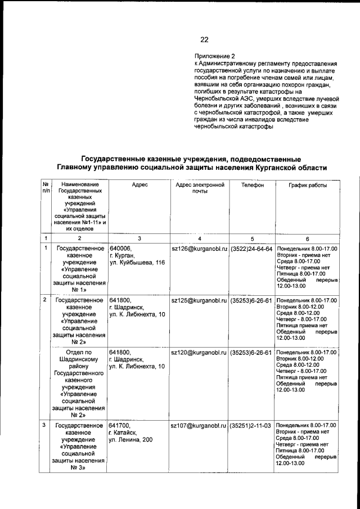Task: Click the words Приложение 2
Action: pos(215,56)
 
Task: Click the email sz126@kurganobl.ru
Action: pos(199,249)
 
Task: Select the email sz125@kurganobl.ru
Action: pos(199,300)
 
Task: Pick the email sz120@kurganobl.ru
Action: pos(199,353)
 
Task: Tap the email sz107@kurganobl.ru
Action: pos(199,425)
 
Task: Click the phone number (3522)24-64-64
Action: pos(251,249)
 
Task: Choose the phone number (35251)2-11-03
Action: pos(251,425)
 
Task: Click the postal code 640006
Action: pos(120,249)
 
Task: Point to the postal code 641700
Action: pos(120,425)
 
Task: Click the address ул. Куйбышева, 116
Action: pos(137,263)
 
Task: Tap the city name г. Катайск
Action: pos(124,433)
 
